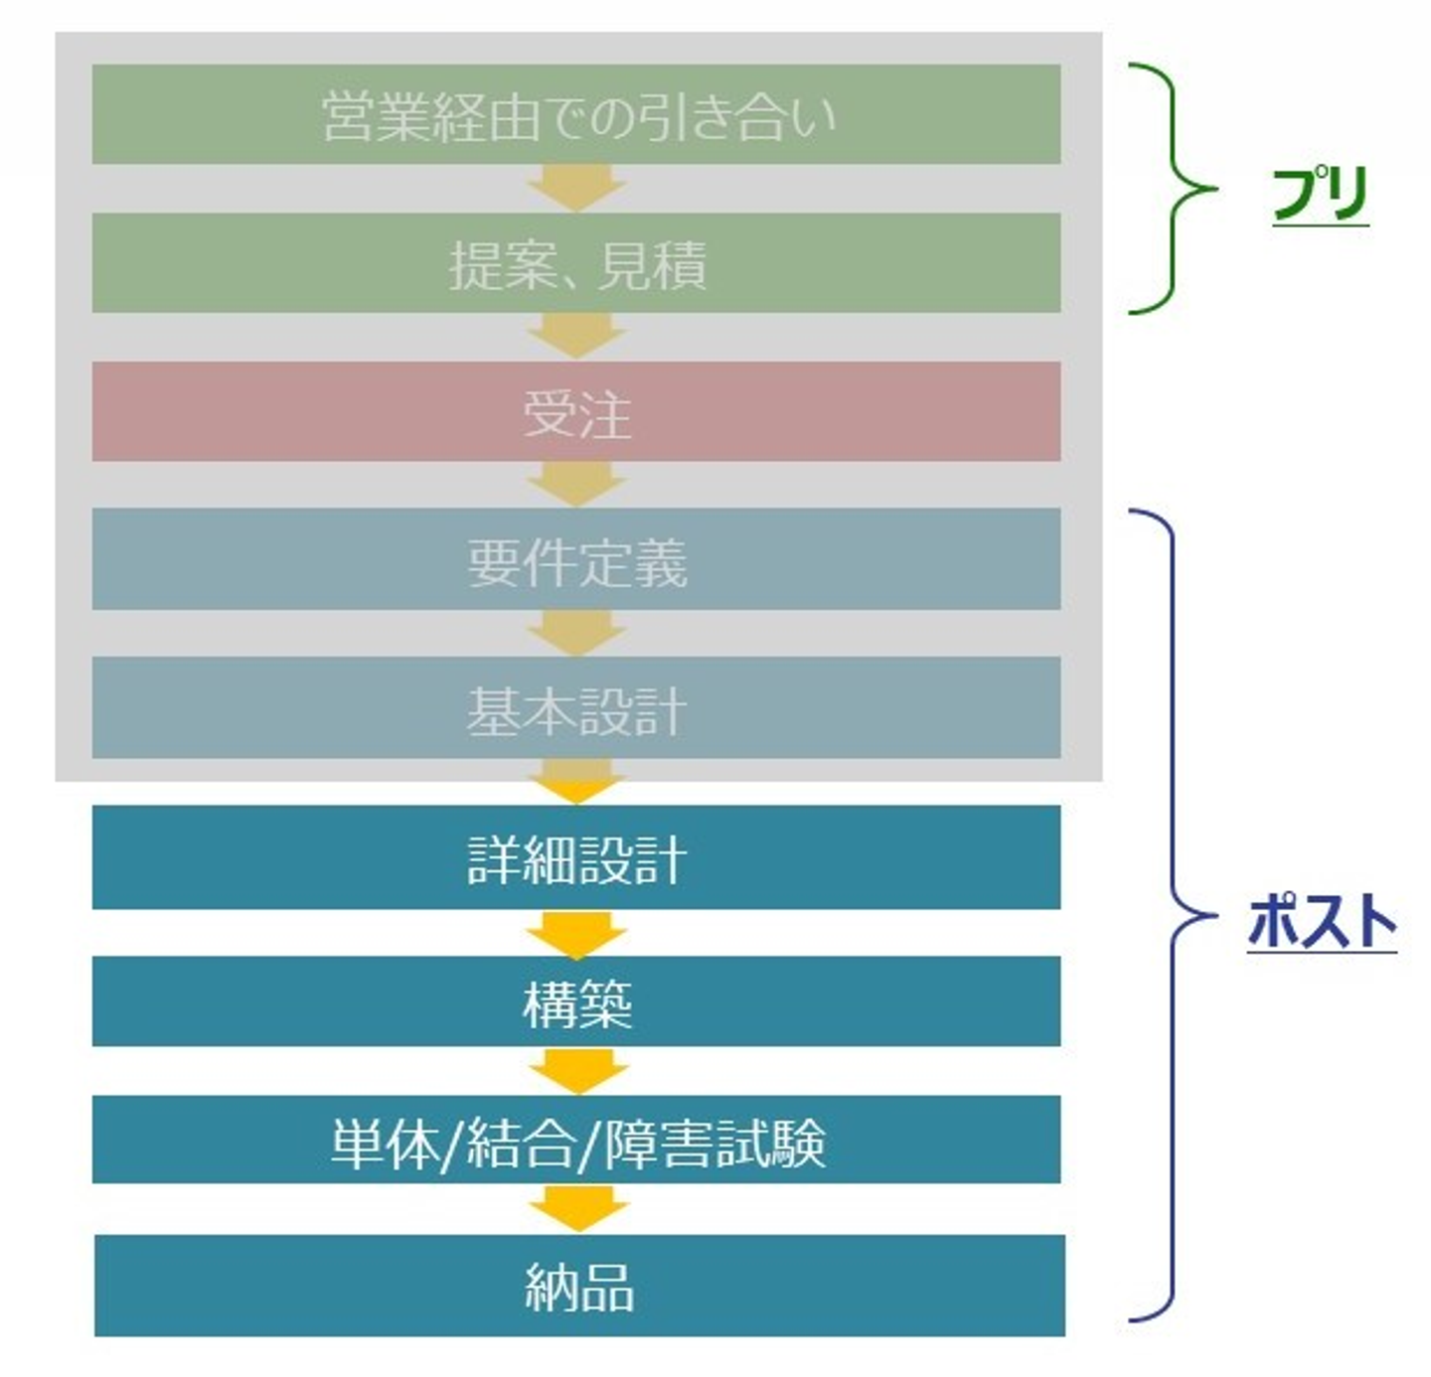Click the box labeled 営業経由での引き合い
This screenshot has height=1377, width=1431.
575,114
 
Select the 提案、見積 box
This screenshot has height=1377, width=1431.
575,262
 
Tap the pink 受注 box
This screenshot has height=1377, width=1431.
575,411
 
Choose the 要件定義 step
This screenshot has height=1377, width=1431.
575,558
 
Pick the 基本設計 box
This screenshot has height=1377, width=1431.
575,707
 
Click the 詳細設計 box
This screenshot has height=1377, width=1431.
575,857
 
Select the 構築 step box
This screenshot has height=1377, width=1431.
575,1000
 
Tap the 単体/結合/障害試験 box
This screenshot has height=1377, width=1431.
575,1139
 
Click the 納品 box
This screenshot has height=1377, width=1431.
579,1286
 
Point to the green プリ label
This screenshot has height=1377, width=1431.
1321,194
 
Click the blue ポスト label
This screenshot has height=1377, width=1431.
1322,922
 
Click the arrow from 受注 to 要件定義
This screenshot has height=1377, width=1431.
575,485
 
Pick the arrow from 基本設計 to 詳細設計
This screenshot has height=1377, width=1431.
575,782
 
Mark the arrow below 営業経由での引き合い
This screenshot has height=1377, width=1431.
575,188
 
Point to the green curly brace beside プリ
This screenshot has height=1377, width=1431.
1174,189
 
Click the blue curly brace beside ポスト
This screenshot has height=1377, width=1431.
1174,915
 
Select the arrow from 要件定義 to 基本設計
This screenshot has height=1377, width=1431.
575,633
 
